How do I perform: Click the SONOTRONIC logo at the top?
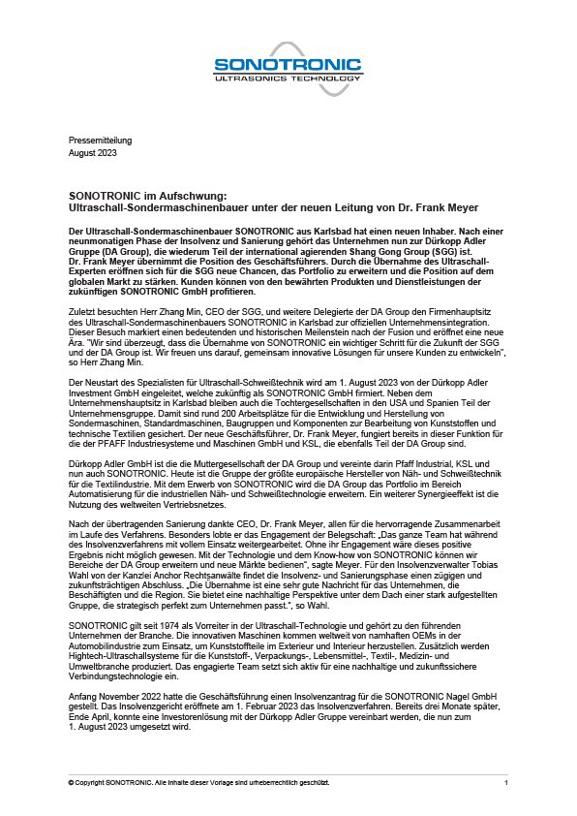click(x=288, y=66)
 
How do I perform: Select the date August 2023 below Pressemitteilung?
click(x=91, y=152)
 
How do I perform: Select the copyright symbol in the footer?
click(x=72, y=781)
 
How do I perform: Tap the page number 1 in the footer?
click(x=506, y=781)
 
